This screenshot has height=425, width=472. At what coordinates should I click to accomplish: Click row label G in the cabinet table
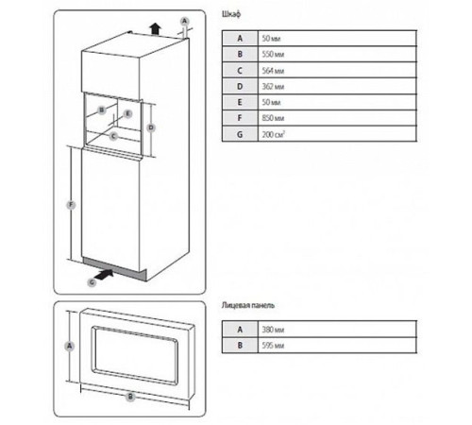240,136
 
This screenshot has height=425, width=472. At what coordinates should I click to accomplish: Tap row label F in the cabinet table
240,120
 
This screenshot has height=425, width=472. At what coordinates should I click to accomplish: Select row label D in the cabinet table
240,87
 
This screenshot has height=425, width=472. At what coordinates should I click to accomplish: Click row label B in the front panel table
240,347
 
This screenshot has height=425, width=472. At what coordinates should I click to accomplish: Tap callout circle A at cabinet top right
184,20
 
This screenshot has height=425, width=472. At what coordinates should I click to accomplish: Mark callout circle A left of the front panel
68,347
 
